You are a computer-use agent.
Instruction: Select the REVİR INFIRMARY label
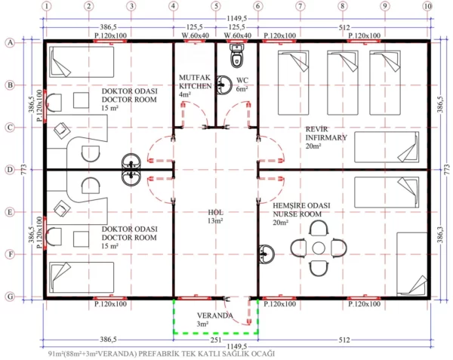[x=326, y=134]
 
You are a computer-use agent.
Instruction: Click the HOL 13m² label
[x=215, y=217]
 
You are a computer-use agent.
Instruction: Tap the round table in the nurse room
[x=319, y=248]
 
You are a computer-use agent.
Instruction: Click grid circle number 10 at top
[x=428, y=7]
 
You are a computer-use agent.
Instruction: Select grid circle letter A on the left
[x=11, y=43]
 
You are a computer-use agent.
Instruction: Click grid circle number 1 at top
[x=46, y=7]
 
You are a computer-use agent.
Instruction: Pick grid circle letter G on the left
[x=11, y=297]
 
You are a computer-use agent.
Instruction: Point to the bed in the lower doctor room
[x=81, y=277]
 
